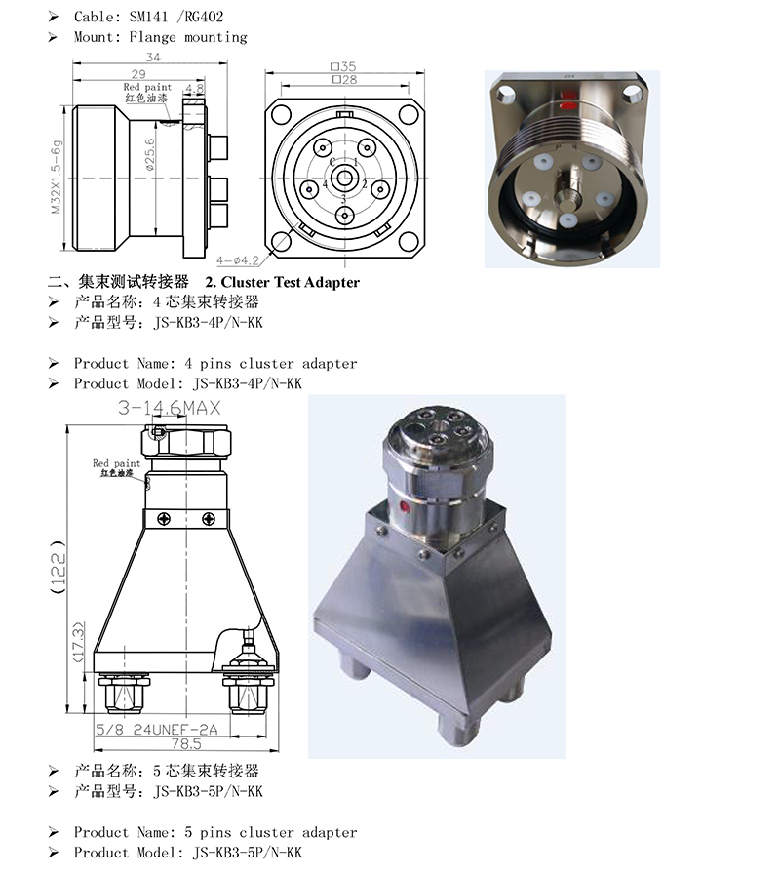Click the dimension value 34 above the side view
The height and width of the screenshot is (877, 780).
[x=153, y=57]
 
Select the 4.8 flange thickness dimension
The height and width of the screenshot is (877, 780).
[x=194, y=88]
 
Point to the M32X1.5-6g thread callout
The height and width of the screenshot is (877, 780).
[x=56, y=177]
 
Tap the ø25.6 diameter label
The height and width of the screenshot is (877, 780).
[x=150, y=154]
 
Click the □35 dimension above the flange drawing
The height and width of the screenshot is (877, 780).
[x=343, y=66]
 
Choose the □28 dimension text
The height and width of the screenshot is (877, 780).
[x=344, y=79]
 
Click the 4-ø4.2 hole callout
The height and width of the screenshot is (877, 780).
[x=238, y=260]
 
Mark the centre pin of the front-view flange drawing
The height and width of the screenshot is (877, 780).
[x=343, y=179]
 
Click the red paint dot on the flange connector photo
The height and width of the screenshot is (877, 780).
[x=567, y=105]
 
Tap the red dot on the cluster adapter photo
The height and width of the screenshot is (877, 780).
[x=405, y=508]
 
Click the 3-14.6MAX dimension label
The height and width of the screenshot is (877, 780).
[x=170, y=408]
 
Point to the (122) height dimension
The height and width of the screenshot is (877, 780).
[x=58, y=567]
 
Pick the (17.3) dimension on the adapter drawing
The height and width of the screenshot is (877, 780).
[x=78, y=642]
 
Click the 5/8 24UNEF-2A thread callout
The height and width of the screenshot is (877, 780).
[x=156, y=729]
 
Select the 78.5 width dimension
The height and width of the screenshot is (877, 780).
[x=186, y=744]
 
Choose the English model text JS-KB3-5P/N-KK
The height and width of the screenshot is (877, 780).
[x=248, y=853]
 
